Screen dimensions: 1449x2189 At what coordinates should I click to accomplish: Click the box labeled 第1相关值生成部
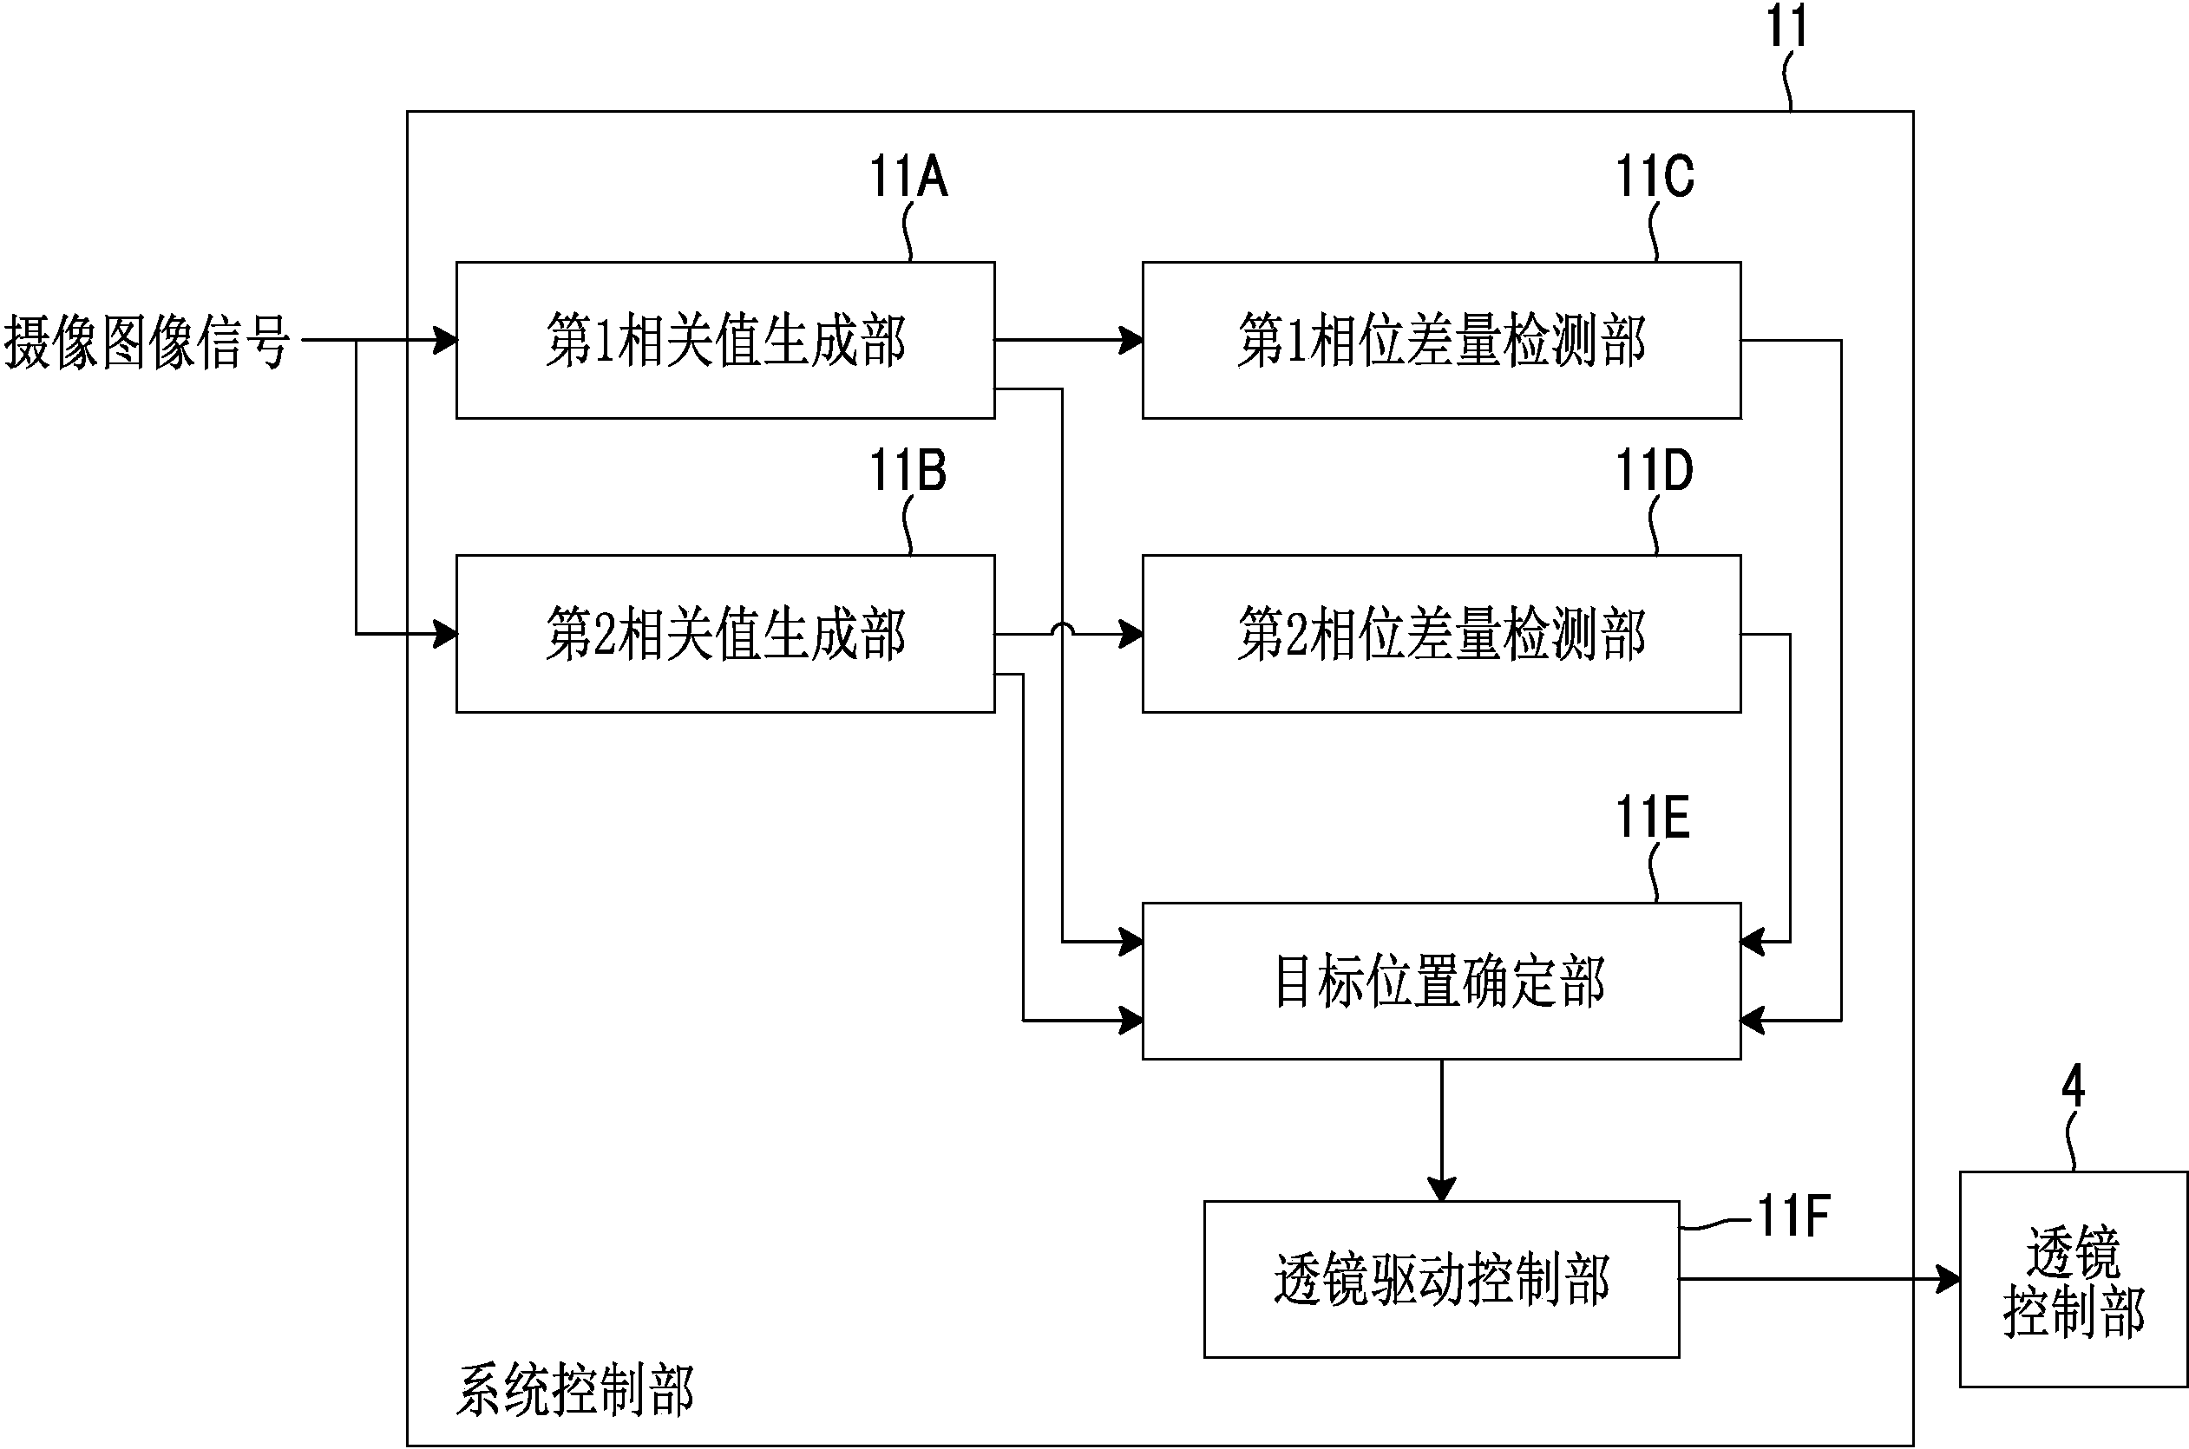(x=724, y=340)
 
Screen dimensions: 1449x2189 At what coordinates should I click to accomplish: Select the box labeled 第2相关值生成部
(x=724, y=634)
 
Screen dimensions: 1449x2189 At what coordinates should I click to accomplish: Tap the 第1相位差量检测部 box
(x=1441, y=340)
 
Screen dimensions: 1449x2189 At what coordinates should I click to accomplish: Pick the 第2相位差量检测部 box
(x=1441, y=634)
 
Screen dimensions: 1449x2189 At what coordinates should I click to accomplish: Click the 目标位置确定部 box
(x=1441, y=981)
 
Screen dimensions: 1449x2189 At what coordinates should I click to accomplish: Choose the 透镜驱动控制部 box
(x=1441, y=1279)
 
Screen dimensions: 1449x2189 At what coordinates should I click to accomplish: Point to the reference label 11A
(x=908, y=177)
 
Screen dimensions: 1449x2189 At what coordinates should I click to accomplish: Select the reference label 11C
(x=1655, y=177)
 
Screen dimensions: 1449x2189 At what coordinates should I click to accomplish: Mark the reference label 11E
(x=1653, y=818)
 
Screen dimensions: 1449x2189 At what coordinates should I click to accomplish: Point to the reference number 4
(x=2074, y=1087)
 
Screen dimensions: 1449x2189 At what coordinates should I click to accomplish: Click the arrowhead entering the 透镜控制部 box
(x=1949, y=1279)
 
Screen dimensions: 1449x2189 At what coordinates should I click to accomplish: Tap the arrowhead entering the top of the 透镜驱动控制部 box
(x=1441, y=1190)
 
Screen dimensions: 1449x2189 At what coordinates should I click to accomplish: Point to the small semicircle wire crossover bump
(x=1063, y=630)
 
